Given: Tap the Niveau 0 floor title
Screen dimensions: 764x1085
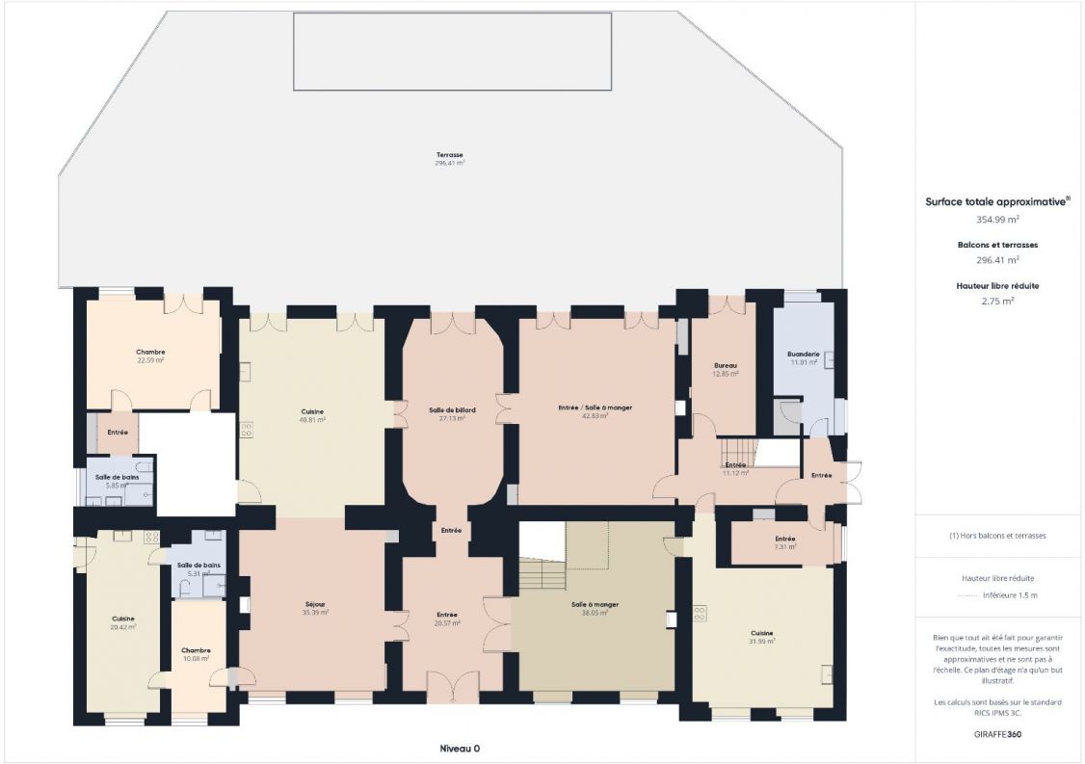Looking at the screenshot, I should click(x=460, y=748).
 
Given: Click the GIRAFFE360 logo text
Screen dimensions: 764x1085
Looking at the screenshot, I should click(x=997, y=734).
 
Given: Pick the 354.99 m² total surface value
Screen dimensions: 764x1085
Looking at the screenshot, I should click(x=997, y=220).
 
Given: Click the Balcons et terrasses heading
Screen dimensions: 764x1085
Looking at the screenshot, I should click(x=997, y=245).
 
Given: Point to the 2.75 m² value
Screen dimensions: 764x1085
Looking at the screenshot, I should click(x=997, y=301).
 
